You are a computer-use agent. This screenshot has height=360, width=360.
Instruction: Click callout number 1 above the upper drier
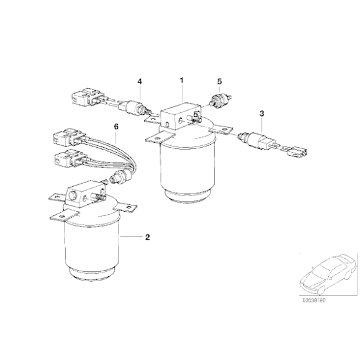point(181,80)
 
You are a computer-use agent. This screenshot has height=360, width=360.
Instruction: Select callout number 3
point(262,114)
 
